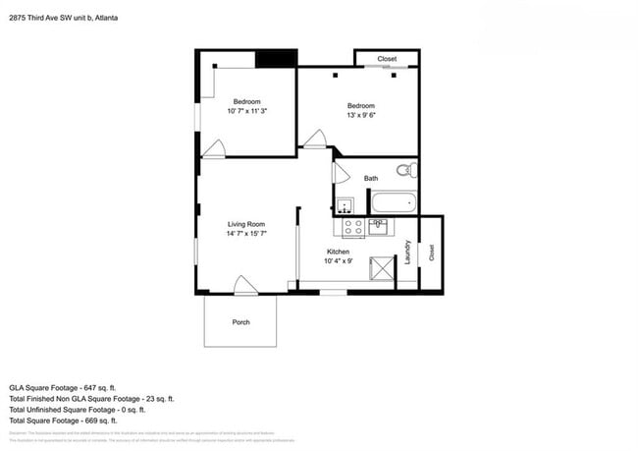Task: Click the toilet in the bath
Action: coord(408,170)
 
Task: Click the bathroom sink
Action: coord(345,206)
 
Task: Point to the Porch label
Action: coord(240,322)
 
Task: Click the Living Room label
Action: coord(246,224)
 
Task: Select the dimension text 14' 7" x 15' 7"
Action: coord(246,234)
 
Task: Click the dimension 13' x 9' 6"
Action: coord(361,115)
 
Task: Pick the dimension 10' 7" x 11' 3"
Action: coord(247,111)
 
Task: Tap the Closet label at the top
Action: coord(387,59)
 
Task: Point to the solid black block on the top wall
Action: coord(276,58)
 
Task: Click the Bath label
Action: coord(371,178)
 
